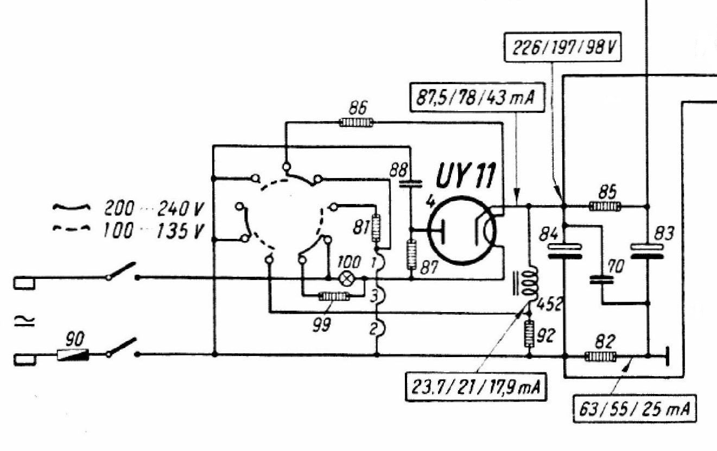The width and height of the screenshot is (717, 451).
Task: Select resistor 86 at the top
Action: click(x=356, y=123)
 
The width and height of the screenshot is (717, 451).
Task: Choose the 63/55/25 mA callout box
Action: click(x=634, y=406)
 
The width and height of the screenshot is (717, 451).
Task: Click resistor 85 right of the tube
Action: click(x=605, y=206)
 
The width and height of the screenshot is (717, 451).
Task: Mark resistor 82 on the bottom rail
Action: click(x=600, y=357)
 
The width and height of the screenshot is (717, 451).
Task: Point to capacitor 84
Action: click(x=564, y=251)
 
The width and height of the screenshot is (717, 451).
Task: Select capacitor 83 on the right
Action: click(x=648, y=251)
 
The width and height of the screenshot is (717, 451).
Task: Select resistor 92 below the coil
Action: click(x=529, y=334)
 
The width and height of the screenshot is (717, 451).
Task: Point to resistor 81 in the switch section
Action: click(x=376, y=228)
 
